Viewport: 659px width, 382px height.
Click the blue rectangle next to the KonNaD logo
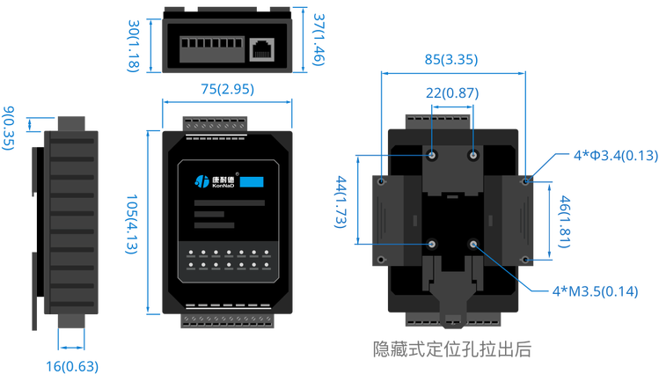coord(253,181)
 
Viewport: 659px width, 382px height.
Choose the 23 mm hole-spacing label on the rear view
coord(452,91)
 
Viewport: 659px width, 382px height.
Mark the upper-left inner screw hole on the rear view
coord(433,156)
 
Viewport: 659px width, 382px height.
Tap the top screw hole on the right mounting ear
coord(525,181)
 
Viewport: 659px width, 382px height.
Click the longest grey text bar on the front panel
coord(229,203)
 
